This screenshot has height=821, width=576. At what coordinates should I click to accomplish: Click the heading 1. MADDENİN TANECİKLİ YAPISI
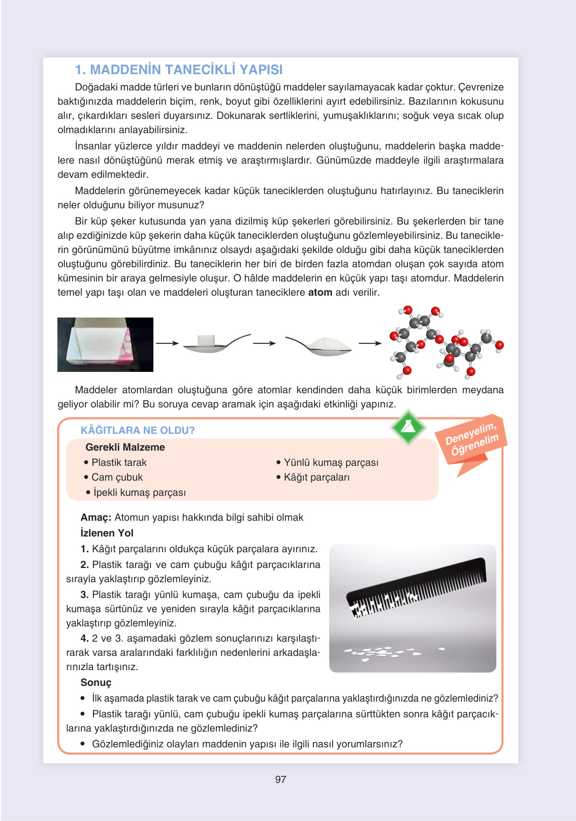[179, 70]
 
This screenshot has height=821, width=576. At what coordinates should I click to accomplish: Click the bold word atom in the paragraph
[320, 293]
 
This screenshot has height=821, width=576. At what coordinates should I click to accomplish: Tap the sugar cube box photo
[105, 344]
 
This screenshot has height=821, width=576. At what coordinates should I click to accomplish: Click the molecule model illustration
[445, 341]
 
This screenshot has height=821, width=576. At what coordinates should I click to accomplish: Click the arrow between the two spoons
[264, 343]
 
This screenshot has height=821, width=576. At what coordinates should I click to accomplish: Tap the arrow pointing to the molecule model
[370, 343]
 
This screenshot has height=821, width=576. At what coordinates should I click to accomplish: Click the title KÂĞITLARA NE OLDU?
[138, 430]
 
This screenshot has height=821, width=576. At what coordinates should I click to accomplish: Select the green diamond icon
[408, 427]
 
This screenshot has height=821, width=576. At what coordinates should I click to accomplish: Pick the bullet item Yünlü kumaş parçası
[331, 463]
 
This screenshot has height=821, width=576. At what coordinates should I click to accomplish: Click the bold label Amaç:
[95, 518]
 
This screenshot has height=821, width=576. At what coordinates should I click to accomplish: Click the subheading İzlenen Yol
[107, 533]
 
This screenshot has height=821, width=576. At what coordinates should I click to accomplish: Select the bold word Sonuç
[95, 683]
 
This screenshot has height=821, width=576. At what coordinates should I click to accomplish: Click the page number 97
[280, 779]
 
